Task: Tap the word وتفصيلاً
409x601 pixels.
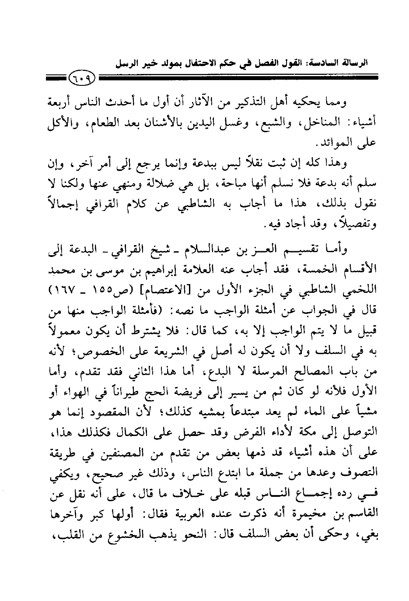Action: tap(352, 226)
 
